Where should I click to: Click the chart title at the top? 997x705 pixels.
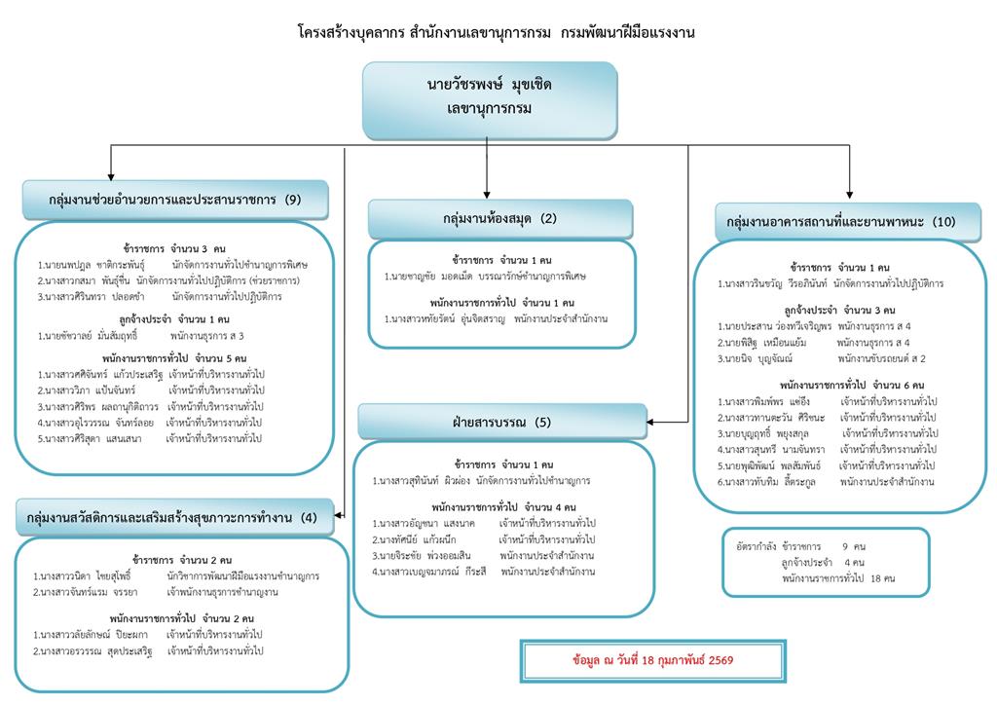tap(497, 32)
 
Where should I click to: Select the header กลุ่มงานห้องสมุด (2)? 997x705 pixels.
tap(499, 218)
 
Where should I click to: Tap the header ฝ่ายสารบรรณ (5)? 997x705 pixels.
tap(501, 422)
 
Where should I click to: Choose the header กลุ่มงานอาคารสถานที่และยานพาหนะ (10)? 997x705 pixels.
tap(840, 221)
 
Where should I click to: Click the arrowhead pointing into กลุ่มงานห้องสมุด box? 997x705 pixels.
tap(486, 194)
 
